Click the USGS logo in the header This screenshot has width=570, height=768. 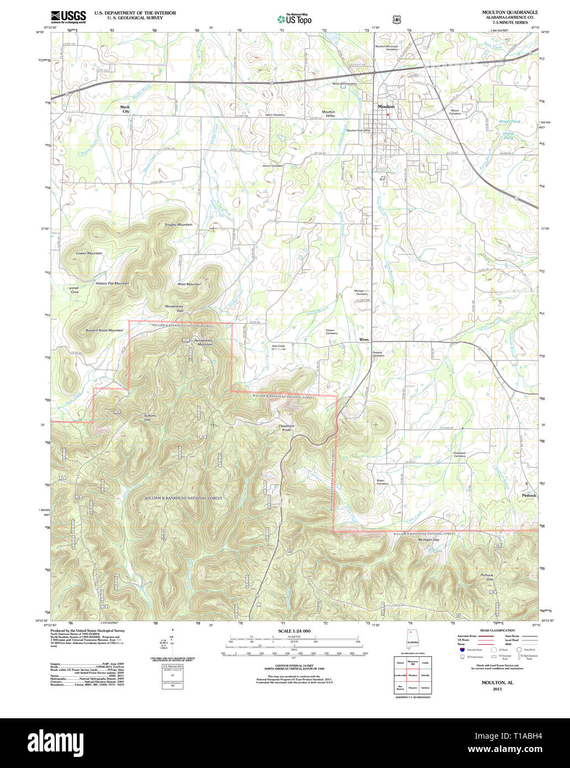click(68, 17)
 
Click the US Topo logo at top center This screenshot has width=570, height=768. click(294, 19)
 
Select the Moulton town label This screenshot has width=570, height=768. click(386, 106)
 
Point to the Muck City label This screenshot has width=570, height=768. click(125, 109)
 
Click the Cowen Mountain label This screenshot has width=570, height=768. click(89, 253)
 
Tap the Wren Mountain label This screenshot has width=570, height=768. click(189, 283)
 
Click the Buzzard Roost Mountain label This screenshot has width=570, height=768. click(104, 330)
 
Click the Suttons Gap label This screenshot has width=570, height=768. click(150, 417)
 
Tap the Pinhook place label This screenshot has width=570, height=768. click(529, 496)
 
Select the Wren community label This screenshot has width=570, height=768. click(363, 339)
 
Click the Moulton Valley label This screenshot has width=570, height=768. click(329, 114)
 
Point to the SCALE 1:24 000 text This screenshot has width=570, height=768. click(294, 630)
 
